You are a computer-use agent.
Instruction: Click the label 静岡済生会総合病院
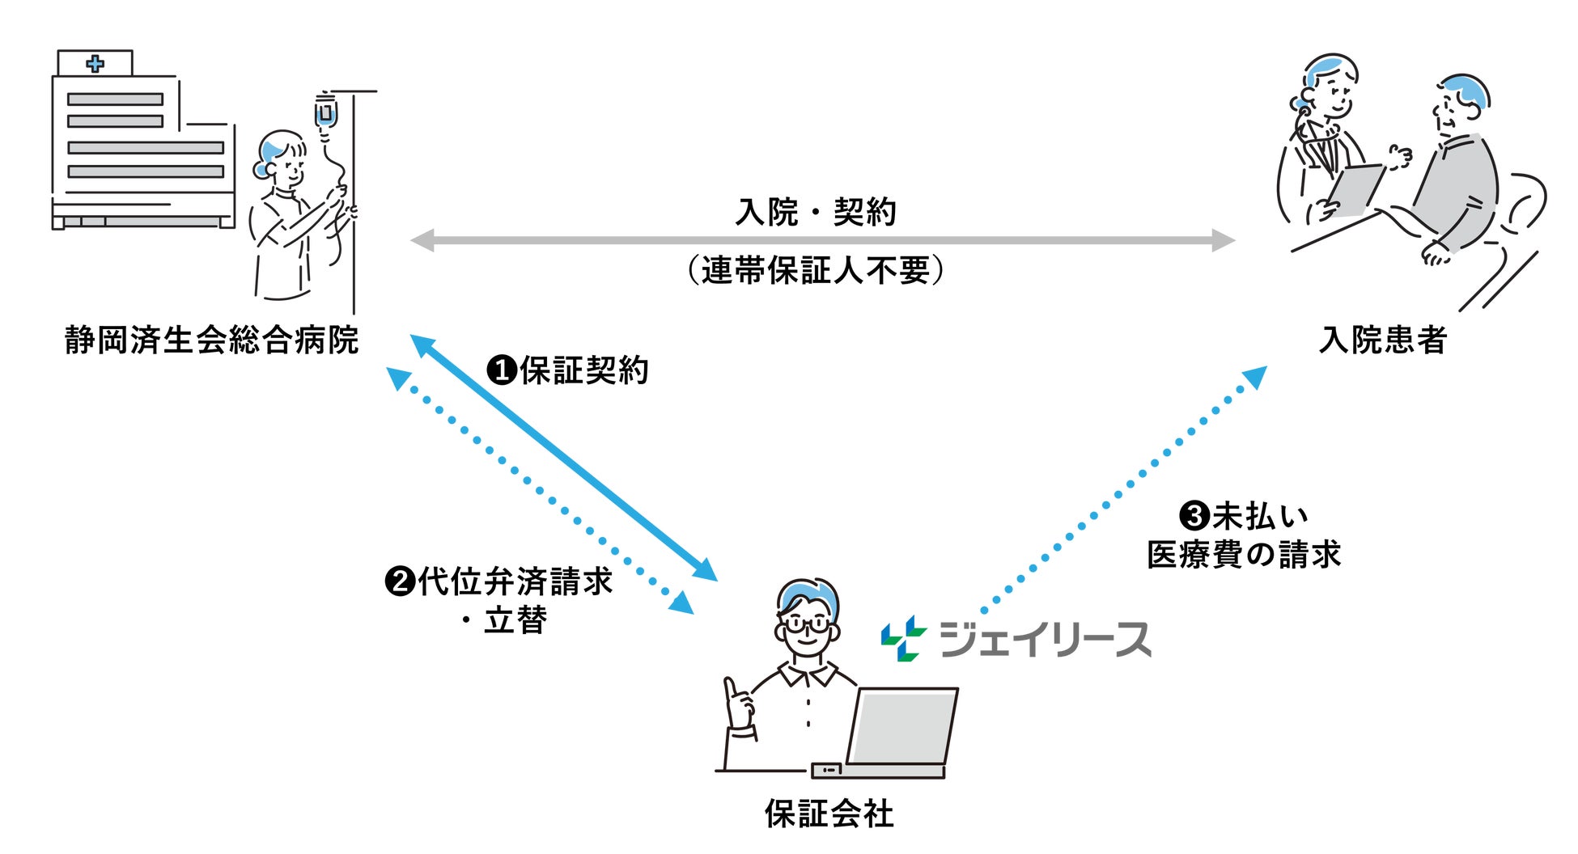click(x=211, y=340)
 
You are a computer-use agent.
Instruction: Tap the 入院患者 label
click(x=1382, y=340)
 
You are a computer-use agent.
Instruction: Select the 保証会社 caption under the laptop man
click(x=829, y=814)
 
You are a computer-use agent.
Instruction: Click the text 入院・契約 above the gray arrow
click(x=816, y=213)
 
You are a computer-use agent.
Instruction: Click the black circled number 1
click(x=502, y=370)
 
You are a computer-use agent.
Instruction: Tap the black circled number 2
click(x=400, y=581)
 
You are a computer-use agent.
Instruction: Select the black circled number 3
click(x=1194, y=516)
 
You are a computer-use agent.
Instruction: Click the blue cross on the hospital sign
click(x=95, y=63)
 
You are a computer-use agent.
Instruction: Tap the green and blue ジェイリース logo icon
click(x=903, y=638)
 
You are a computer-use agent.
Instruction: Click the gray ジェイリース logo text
click(x=1044, y=640)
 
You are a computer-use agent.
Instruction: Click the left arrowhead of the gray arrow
click(x=422, y=240)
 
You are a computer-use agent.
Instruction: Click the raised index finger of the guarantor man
click(x=731, y=688)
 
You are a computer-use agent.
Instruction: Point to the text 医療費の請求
click(x=1244, y=555)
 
